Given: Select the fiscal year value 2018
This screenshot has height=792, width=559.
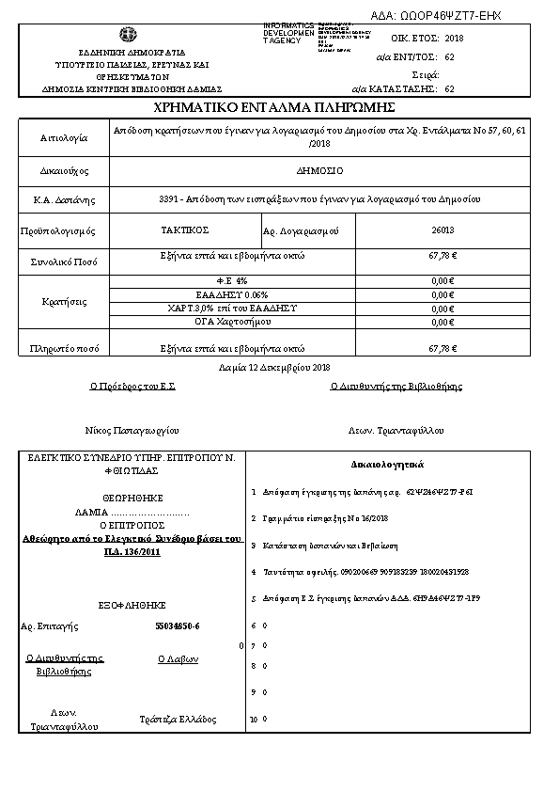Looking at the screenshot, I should pyautogui.click(x=454, y=38).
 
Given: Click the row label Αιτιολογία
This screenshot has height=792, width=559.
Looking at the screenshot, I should pyautogui.click(x=63, y=137).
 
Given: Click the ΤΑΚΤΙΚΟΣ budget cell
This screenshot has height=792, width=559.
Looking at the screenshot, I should pyautogui.click(x=184, y=230).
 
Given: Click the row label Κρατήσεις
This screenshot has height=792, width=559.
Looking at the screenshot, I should pyautogui.click(x=64, y=302).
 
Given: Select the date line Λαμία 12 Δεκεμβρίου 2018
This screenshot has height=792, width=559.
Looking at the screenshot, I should pyautogui.click(x=274, y=367).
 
